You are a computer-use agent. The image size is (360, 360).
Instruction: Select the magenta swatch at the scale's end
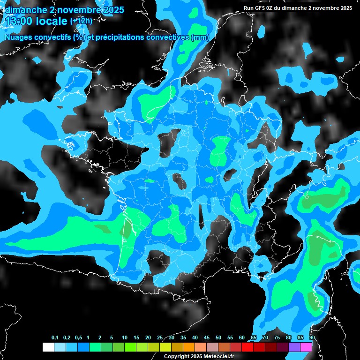306,347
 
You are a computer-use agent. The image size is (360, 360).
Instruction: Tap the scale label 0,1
55,338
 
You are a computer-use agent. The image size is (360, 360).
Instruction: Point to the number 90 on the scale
312,338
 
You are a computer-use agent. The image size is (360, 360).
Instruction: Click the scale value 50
218,338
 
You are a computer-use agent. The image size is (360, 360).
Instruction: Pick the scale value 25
160,338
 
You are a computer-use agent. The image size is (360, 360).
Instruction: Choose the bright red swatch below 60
247,347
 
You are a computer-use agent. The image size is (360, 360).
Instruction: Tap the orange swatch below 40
189,347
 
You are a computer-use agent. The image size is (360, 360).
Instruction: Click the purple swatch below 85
294,347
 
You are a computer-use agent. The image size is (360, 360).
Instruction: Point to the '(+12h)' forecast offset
81,21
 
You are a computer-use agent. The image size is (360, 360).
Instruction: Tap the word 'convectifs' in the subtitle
52,37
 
